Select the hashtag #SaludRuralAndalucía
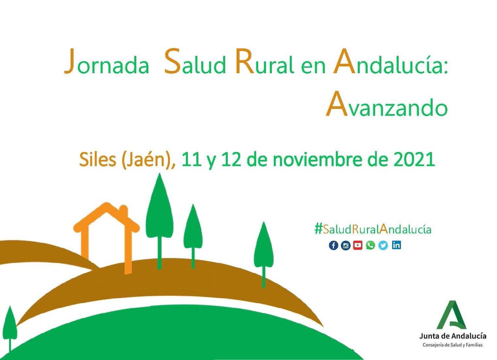373,229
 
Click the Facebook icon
334,245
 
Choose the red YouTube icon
358,245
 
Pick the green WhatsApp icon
371,245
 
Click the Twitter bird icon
384,245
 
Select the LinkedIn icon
396,245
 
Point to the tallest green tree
159,211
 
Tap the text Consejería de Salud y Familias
452,345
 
